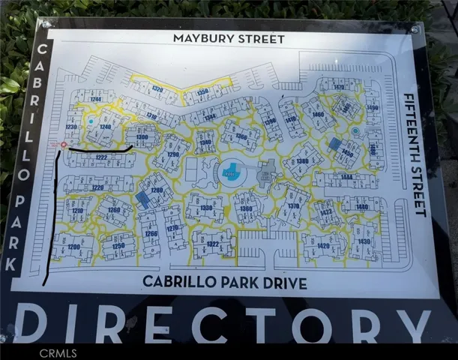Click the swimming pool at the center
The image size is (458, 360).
pos(233,172)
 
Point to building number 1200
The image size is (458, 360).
pos(73,247)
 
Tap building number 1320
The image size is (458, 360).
pos(157,89)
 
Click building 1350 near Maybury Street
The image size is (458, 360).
pos(202,92)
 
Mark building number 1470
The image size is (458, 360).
pos(339,88)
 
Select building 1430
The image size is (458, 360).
pos(364,241)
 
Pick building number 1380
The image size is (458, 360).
pos(302,161)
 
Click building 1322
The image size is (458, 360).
pos(213,244)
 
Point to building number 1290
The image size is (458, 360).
pos(173,154)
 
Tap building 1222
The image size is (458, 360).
pos(101,157)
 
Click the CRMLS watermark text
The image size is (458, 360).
pos(58,352)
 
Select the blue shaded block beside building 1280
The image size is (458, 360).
pos(142,199)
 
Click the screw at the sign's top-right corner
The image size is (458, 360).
pos(415,29)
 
